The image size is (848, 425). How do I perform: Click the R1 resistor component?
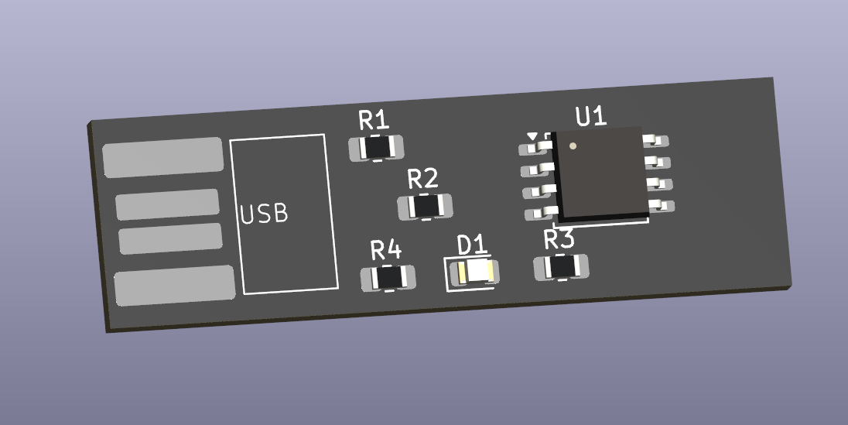(x=377, y=147)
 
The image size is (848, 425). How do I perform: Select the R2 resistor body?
(x=424, y=207)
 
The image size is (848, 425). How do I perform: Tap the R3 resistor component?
(x=561, y=267)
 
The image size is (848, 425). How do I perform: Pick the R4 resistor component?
(x=388, y=279)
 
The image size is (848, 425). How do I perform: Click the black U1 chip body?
(x=601, y=172)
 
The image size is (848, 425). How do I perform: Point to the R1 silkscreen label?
(x=374, y=120)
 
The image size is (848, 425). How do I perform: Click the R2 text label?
(x=422, y=180)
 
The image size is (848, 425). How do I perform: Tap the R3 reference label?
(x=559, y=240)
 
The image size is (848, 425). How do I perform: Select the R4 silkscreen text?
(x=385, y=251)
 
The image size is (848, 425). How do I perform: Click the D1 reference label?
(x=472, y=245)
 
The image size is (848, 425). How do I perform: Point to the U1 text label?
(x=591, y=117)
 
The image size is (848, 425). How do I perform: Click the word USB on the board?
(x=264, y=214)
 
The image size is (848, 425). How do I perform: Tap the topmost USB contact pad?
(x=163, y=157)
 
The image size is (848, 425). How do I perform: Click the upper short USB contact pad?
(x=167, y=204)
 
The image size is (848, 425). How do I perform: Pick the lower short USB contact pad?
(x=170, y=238)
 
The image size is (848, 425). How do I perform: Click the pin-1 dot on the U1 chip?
(x=573, y=145)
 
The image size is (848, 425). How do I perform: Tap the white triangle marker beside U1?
(x=531, y=136)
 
